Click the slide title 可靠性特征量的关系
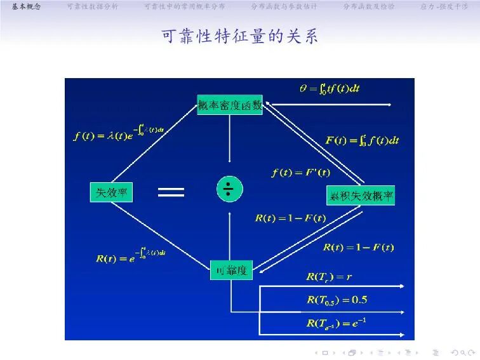click(240, 36)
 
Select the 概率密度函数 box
click(230, 105)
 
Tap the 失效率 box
click(111, 193)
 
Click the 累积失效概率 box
click(361, 197)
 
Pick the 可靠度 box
click(231, 270)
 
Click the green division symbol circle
click(229, 189)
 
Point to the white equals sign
click(171, 192)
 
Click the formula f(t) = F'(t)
click(300, 171)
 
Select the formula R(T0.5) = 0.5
click(337, 300)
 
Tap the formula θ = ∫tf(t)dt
click(330, 88)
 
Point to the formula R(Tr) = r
click(328, 277)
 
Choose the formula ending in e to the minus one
click(337, 323)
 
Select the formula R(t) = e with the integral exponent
click(131, 257)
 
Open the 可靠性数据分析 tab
click(92, 6)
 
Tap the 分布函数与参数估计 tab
click(283, 6)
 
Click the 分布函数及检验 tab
click(368, 6)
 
